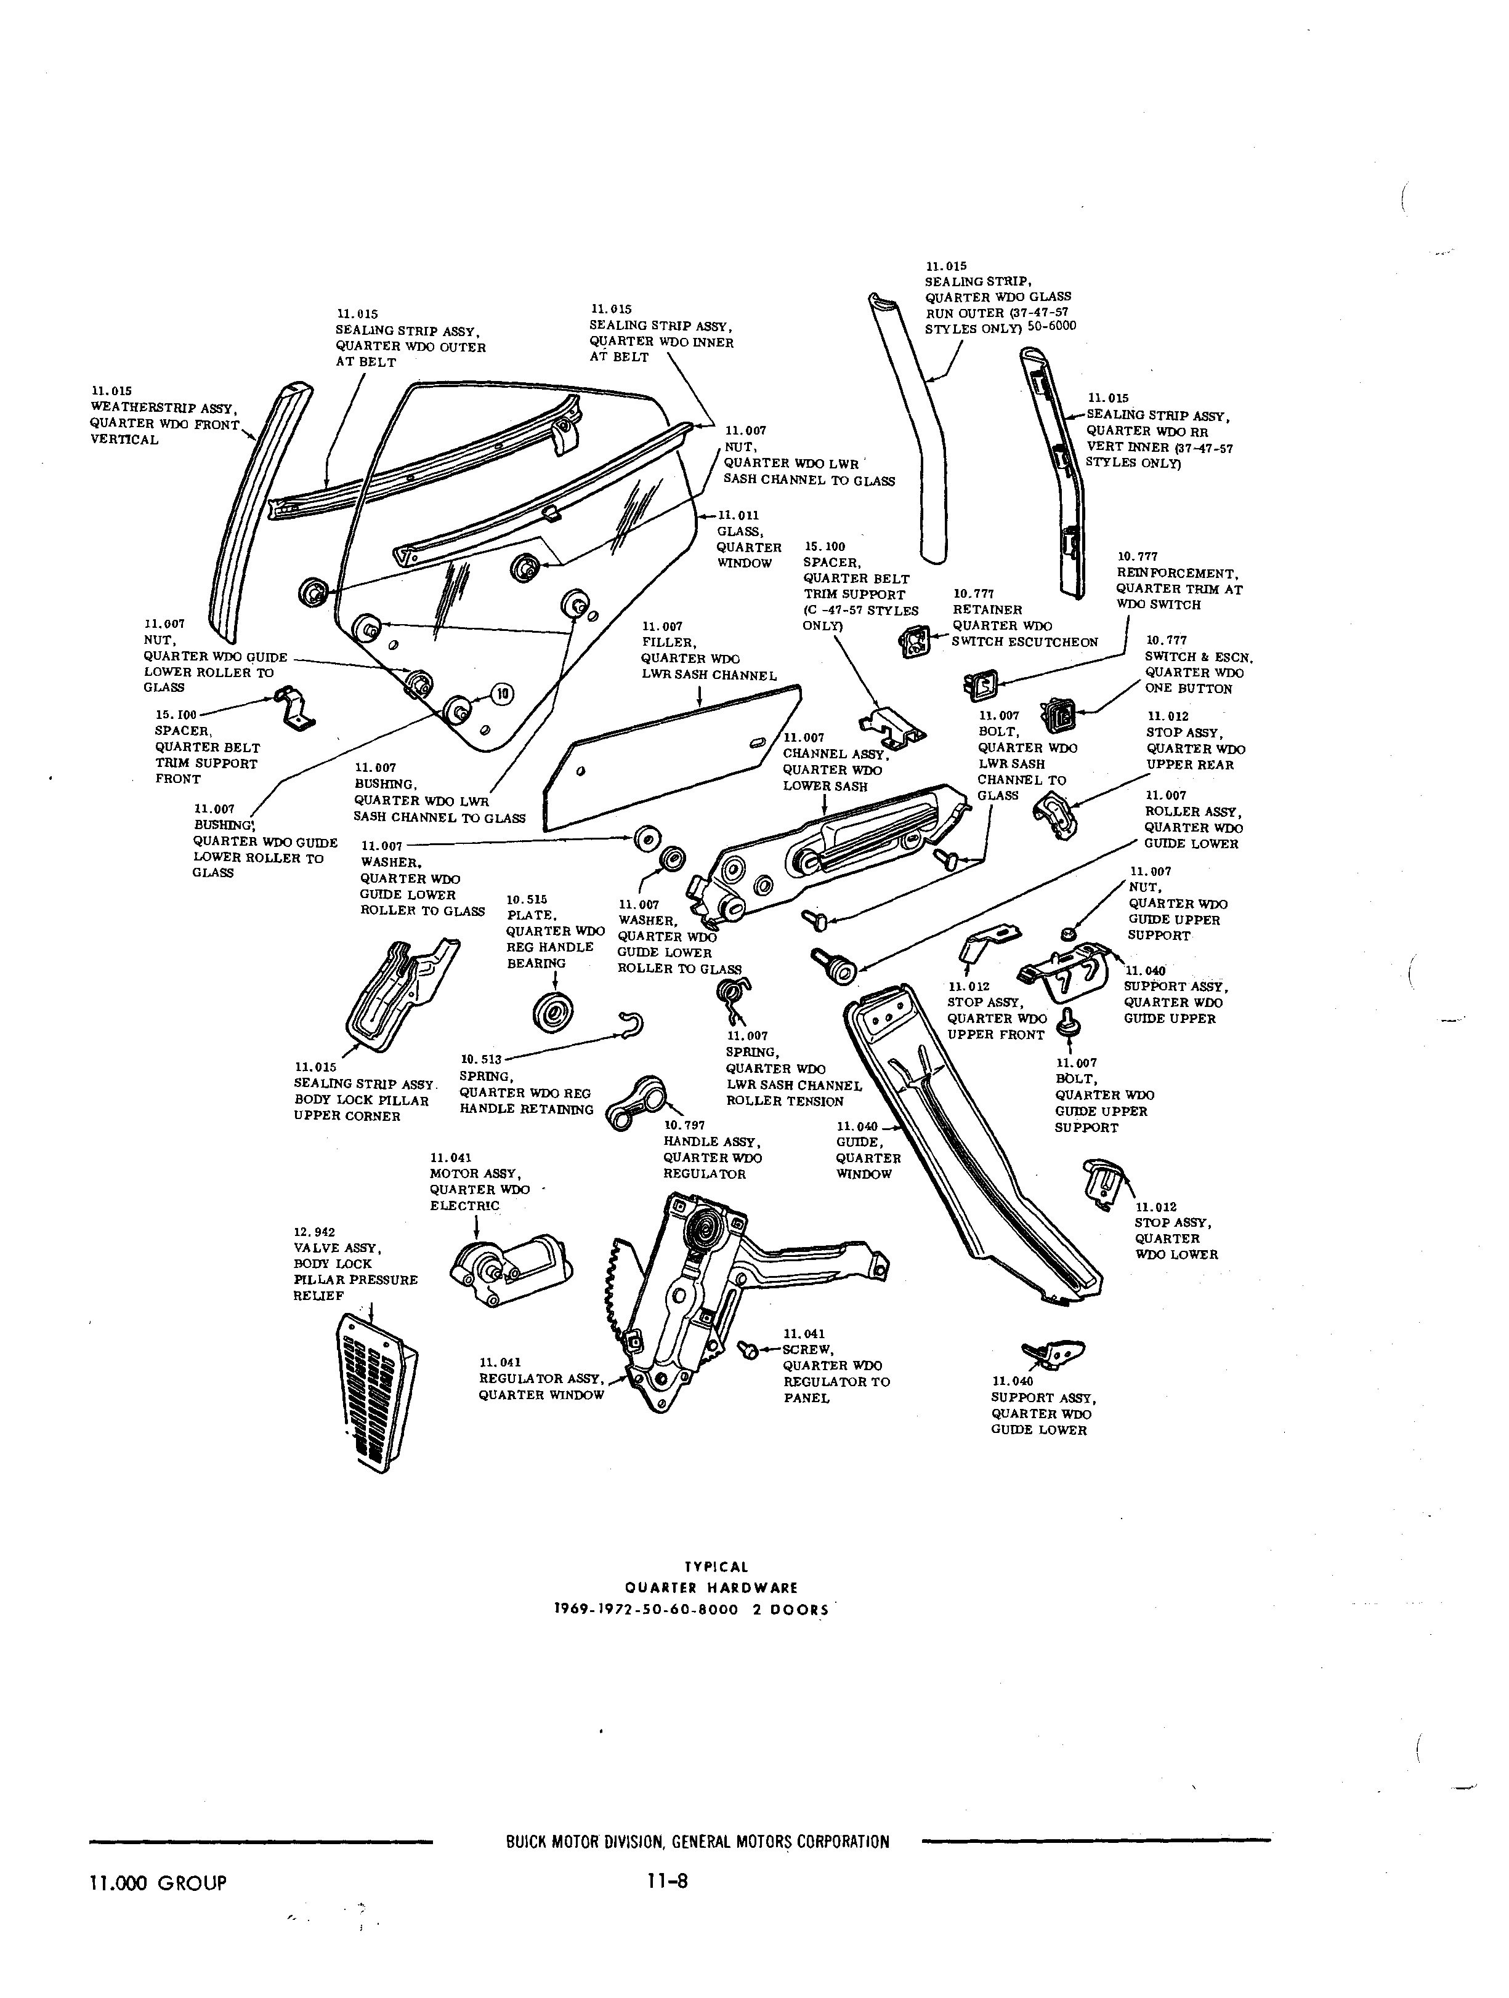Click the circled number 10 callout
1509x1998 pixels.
click(501, 694)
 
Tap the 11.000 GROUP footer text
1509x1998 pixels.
click(158, 1882)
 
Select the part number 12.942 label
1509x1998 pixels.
click(313, 1231)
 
